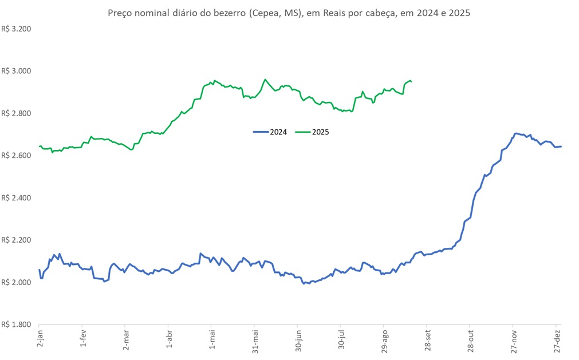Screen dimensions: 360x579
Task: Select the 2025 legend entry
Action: pos(313,132)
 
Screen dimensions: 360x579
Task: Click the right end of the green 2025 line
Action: pos(412,82)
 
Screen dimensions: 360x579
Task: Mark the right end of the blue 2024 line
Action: pos(561,147)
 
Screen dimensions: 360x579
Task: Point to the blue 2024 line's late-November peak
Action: pos(516,133)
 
